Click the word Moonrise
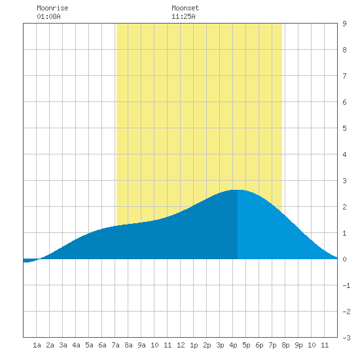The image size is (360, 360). (52, 8)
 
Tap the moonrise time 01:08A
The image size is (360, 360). (48, 16)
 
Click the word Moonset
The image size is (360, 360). (185, 8)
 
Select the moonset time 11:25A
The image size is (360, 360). (183, 16)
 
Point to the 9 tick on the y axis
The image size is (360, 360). (344, 24)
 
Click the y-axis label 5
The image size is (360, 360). (344, 128)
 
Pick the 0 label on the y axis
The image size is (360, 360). (344, 259)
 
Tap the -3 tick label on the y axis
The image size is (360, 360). (346, 338)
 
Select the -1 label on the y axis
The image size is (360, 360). (346, 285)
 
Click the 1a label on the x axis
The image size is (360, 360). (37, 345)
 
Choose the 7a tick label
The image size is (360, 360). (115, 345)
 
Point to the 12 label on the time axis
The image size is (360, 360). (181, 345)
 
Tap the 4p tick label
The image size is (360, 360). (233, 345)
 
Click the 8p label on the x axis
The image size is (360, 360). (285, 345)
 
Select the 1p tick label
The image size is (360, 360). (194, 345)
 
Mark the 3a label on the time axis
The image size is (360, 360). (63, 345)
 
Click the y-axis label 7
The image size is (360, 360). (344, 76)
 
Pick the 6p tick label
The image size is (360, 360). (259, 345)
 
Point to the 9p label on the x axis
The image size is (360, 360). (298, 345)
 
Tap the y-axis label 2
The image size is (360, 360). (344, 207)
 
